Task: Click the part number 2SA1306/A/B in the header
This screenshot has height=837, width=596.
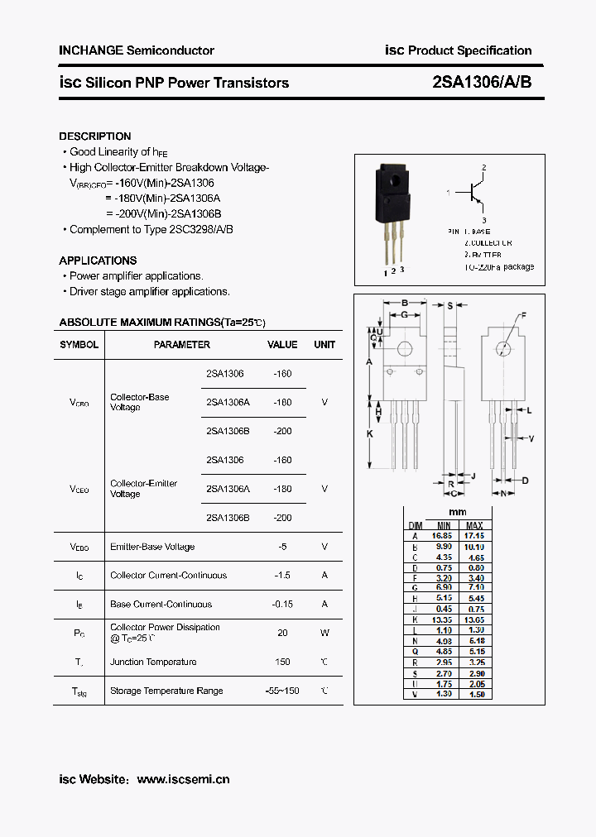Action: (488, 83)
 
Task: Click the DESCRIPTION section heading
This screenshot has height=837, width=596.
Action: (94, 136)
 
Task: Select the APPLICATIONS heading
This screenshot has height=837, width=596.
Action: (98, 261)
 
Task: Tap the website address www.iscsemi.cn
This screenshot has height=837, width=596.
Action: (183, 779)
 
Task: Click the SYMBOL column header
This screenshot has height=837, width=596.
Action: (79, 345)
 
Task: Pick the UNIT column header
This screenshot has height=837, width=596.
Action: (324, 345)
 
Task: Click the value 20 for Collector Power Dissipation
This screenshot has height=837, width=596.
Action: (282, 633)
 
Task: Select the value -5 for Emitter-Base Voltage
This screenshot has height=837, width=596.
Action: (282, 547)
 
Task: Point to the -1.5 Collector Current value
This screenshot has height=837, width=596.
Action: (282, 576)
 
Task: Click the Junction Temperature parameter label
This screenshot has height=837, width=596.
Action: (153, 662)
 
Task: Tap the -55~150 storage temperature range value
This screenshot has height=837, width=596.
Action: (282, 691)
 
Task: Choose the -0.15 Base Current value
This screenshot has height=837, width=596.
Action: (282, 605)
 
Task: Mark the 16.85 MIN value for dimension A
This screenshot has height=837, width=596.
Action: (444, 536)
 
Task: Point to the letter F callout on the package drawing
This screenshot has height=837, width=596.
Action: (523, 315)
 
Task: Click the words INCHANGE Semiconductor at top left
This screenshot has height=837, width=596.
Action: (137, 50)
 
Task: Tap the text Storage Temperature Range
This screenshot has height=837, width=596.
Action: (166, 691)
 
